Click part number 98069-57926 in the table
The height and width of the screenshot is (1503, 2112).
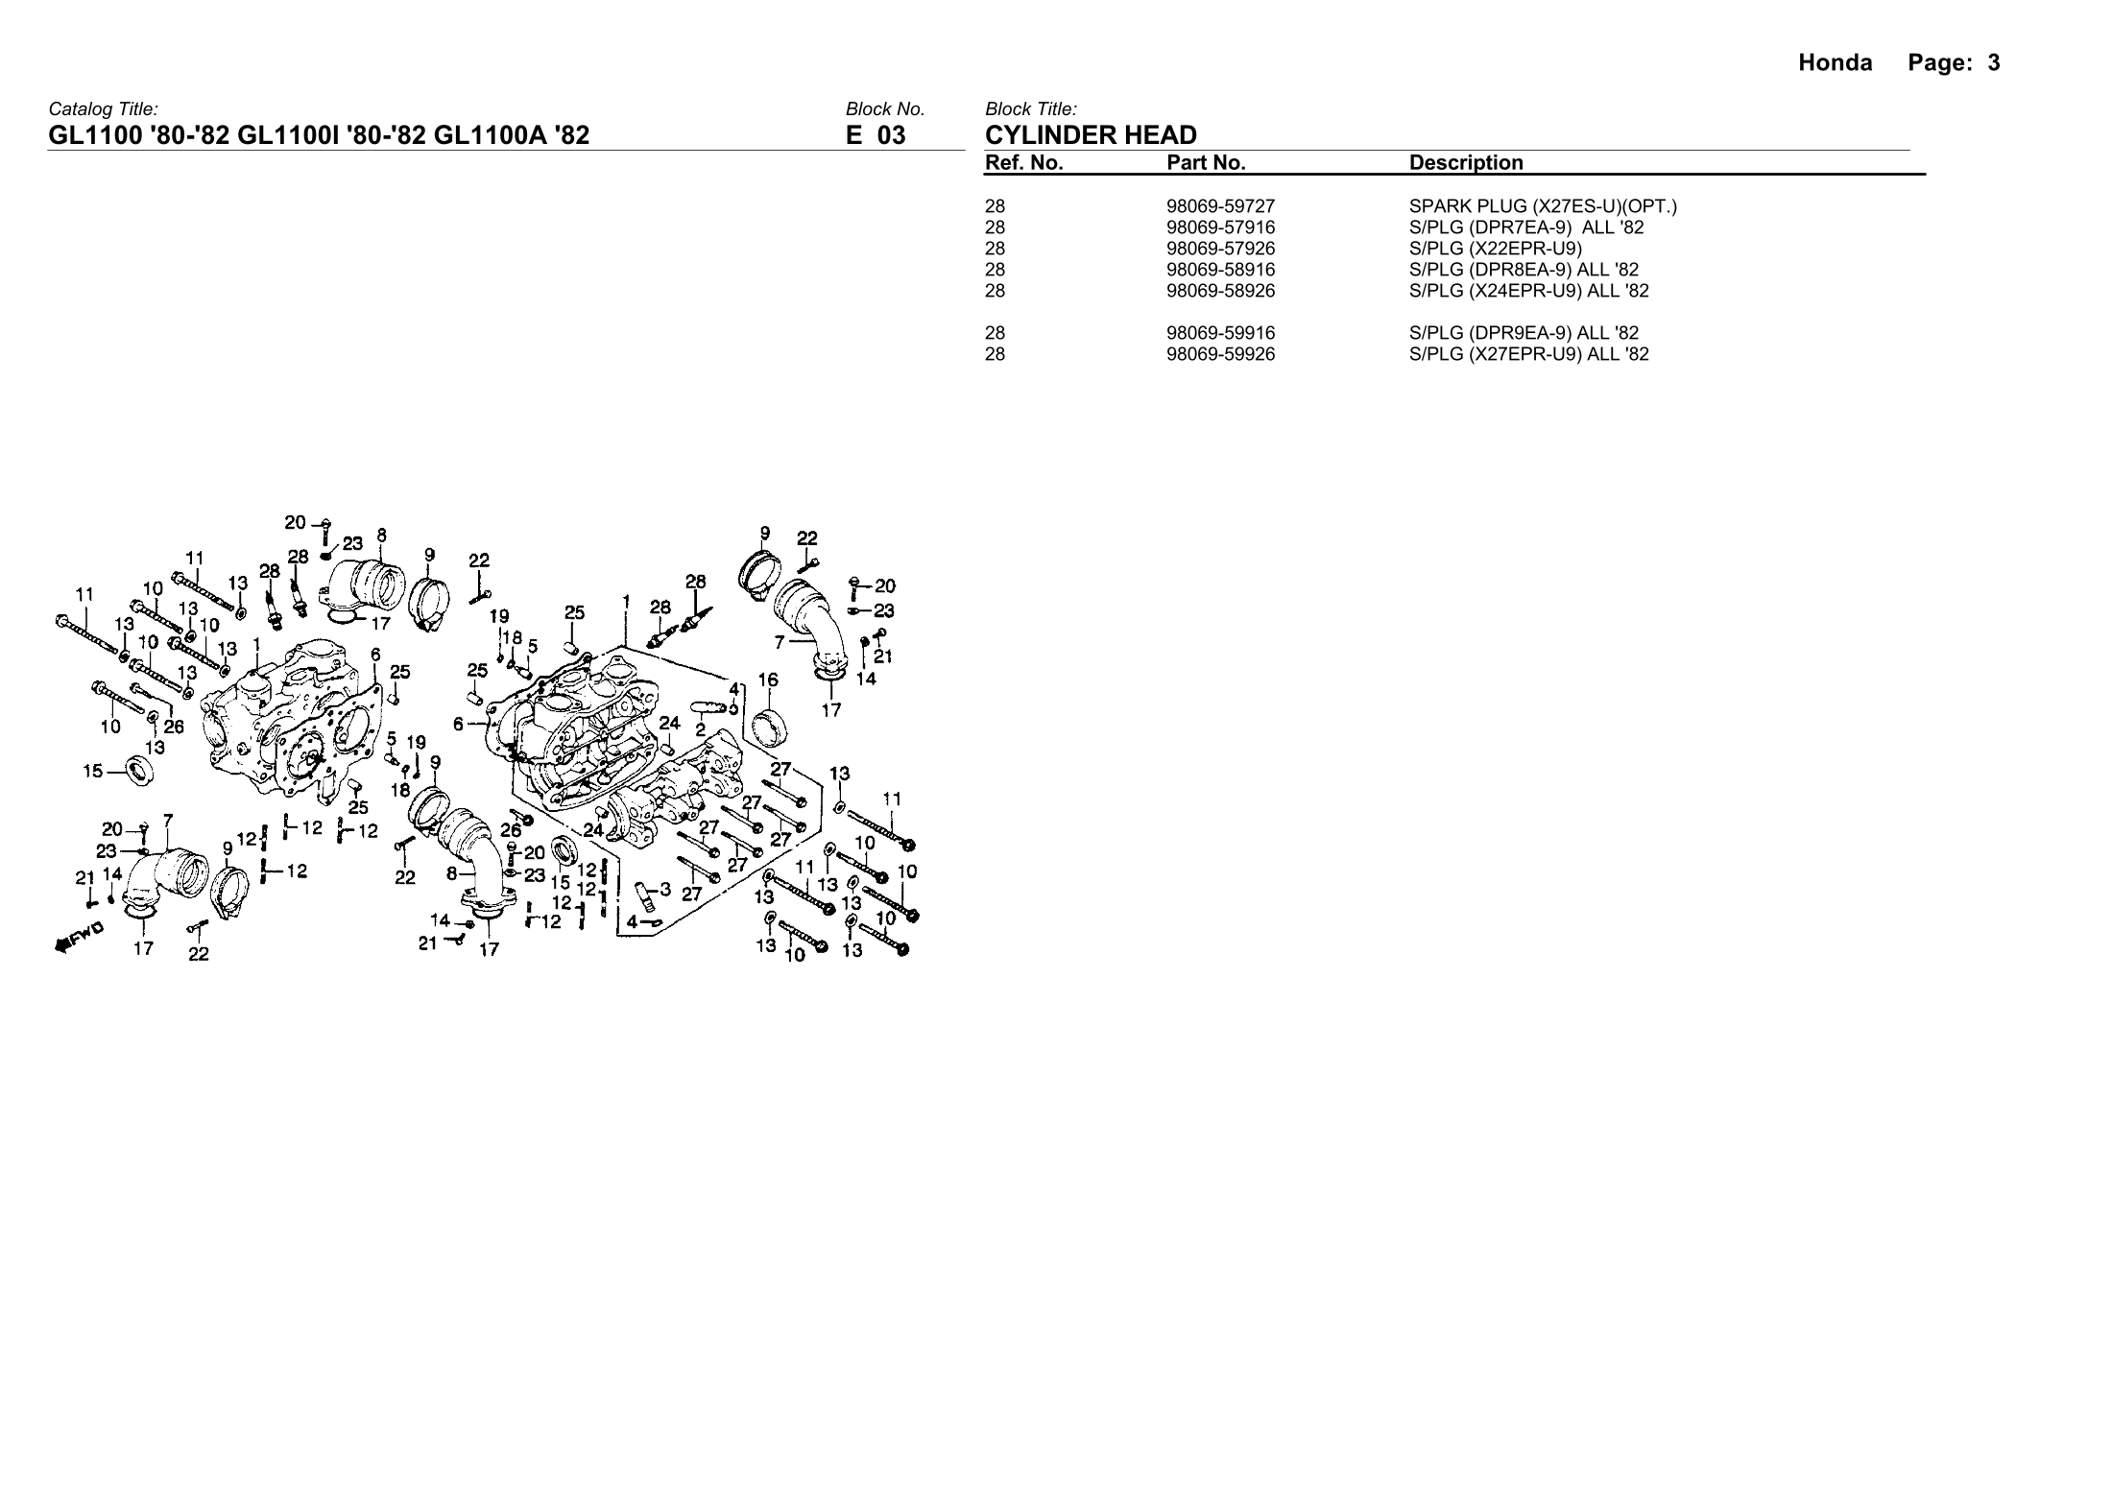1220,249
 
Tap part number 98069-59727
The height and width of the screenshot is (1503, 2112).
1220,206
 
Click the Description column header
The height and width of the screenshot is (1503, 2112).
1465,163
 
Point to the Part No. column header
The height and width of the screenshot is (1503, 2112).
1206,163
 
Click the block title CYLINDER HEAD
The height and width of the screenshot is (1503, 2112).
1091,135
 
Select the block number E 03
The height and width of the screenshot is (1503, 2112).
876,135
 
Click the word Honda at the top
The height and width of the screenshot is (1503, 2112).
1835,63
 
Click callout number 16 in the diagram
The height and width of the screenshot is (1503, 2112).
768,680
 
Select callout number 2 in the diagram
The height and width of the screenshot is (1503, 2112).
701,729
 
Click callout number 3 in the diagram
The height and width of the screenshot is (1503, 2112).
664,889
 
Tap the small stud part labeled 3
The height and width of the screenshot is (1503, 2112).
644,892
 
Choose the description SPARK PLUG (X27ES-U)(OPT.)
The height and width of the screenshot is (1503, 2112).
1543,206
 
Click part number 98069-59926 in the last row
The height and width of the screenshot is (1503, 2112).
1220,354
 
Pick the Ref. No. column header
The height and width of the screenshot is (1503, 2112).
1023,163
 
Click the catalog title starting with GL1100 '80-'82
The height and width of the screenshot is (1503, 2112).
319,135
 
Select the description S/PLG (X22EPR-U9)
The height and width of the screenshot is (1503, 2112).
1496,249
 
